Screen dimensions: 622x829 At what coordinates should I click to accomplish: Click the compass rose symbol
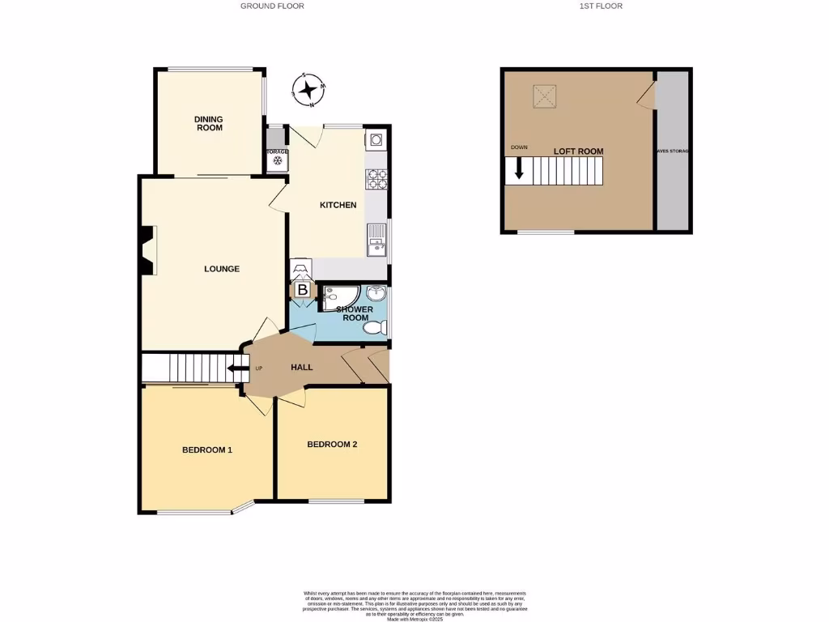[308, 90]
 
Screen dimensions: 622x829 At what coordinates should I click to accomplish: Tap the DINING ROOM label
[208, 123]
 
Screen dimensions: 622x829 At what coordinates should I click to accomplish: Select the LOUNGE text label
[221, 269]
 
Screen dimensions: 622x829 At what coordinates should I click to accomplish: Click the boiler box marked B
[302, 290]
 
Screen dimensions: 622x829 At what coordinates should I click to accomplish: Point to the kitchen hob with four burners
[376, 179]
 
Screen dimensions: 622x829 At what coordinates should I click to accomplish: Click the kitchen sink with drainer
[376, 241]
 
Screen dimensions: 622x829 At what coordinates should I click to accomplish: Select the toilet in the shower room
[376, 327]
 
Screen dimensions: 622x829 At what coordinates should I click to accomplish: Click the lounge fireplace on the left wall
[147, 251]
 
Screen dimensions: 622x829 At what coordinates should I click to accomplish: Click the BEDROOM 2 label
[332, 444]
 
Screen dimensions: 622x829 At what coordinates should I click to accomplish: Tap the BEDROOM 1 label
[207, 449]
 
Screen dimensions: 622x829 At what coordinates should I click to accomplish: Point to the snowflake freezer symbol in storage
[277, 161]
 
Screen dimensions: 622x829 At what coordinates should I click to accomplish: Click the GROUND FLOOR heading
[272, 6]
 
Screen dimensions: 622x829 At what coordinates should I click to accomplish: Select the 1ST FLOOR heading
[601, 6]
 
